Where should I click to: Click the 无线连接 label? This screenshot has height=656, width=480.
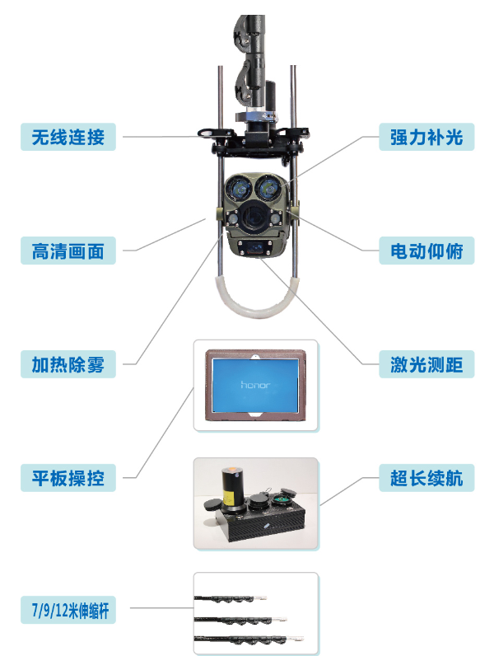pos(68,137)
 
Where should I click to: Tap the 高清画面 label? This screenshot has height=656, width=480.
pos(68,251)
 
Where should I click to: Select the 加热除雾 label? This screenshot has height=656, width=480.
pos(68,364)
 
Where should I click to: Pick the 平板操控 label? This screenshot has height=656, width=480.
pos(68,478)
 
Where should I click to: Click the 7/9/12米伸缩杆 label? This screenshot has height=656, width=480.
pos(68,610)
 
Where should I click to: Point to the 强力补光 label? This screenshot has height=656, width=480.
pos(426,137)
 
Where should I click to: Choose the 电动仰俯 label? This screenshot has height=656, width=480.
pos(426,251)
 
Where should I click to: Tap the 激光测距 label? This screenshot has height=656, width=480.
pos(426,364)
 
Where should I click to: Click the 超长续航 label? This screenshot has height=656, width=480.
pos(426,478)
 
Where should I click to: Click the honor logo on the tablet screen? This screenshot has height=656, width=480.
pos(255,385)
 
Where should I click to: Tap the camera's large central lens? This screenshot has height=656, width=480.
pos(254,215)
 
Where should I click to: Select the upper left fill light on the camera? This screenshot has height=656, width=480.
pos(239,188)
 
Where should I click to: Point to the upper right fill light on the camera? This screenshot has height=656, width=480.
pos(268,188)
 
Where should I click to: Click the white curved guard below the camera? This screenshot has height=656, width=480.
pos(256,312)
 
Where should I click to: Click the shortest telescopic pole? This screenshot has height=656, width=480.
pos(230,598)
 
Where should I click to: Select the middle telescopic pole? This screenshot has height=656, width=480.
pos(241,620)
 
